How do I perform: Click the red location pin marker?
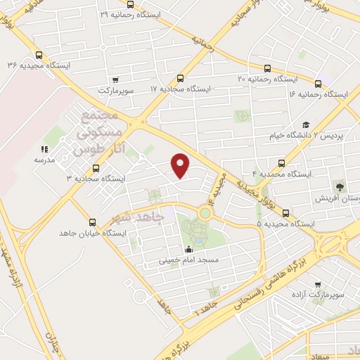[181, 165]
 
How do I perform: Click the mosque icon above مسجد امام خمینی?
[188, 249]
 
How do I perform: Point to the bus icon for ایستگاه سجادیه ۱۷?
[180, 79]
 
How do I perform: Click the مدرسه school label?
[44, 160]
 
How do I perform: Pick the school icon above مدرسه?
[44, 149]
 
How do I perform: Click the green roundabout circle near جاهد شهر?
[205, 212]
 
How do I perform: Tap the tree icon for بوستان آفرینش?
[340, 187]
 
